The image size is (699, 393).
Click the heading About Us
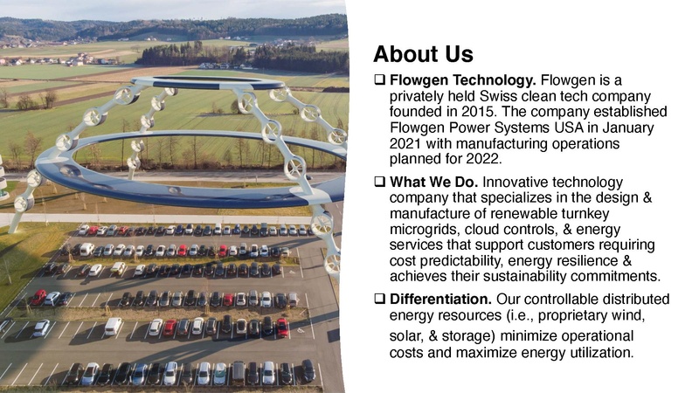pos(423,54)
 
